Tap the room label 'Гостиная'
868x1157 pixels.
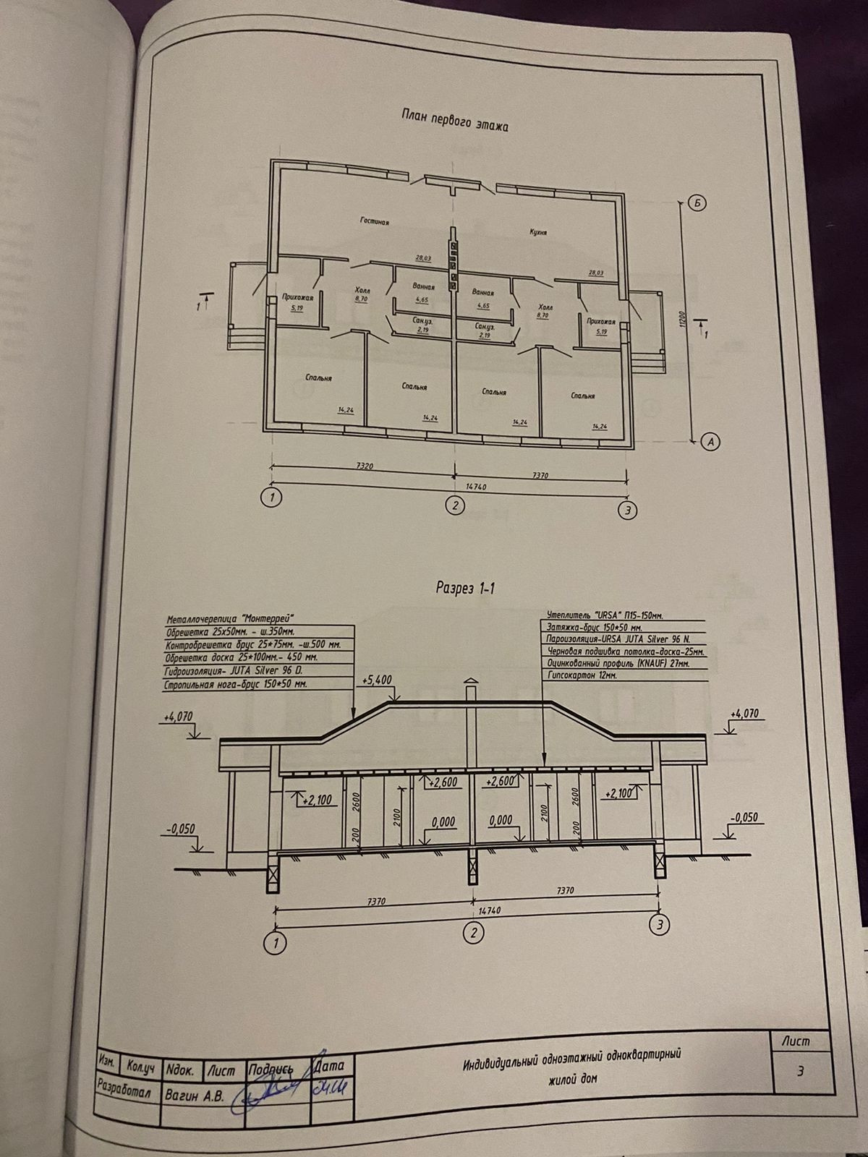[375, 222]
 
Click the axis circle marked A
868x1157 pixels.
[711, 440]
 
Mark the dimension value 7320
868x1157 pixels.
[365, 467]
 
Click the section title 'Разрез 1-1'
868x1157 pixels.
[465, 588]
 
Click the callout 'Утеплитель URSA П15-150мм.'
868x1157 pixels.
[602, 615]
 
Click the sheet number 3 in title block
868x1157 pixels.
[800, 1071]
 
